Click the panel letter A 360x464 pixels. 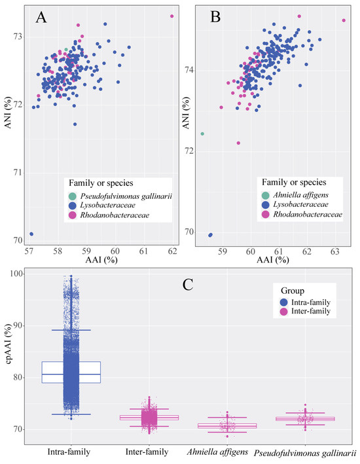[x=41, y=17]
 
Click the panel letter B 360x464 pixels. [x=215, y=17]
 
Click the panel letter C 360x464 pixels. [x=188, y=285]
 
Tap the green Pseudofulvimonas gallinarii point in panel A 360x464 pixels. [x=66, y=50]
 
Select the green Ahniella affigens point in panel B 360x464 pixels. [x=202, y=134]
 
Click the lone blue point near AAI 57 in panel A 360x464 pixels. [x=31, y=234]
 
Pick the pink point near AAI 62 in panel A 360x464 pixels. [x=171, y=16]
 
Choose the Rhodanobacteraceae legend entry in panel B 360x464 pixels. [x=302, y=214]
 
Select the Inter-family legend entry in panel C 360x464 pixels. [x=305, y=312]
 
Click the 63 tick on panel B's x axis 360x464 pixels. [x=335, y=251]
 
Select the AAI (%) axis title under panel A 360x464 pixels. [x=101, y=260]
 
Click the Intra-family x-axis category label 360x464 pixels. [x=69, y=452]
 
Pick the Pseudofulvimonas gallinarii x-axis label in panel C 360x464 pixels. [x=305, y=453]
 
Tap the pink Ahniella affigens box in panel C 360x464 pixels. [x=227, y=426]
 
